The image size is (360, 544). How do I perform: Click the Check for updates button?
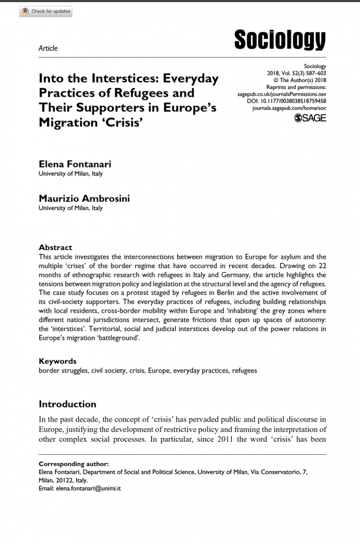tap(46, 11)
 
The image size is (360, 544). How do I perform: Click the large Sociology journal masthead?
tap(280, 40)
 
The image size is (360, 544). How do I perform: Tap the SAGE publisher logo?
tap(310, 118)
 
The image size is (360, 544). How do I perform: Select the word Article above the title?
tap(48, 48)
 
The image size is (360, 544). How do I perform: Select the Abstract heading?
tap(55, 247)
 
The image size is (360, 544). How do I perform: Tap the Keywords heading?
tap(58, 361)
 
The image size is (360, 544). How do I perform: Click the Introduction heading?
tap(67, 404)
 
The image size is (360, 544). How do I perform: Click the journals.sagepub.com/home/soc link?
tap(289, 108)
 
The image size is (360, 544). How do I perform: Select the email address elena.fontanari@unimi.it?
tap(88, 489)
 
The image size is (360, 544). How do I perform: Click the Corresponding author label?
tap(73, 464)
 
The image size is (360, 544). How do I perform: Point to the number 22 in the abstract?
tap(321, 267)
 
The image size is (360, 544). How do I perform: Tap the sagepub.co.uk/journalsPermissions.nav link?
tap(282, 94)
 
